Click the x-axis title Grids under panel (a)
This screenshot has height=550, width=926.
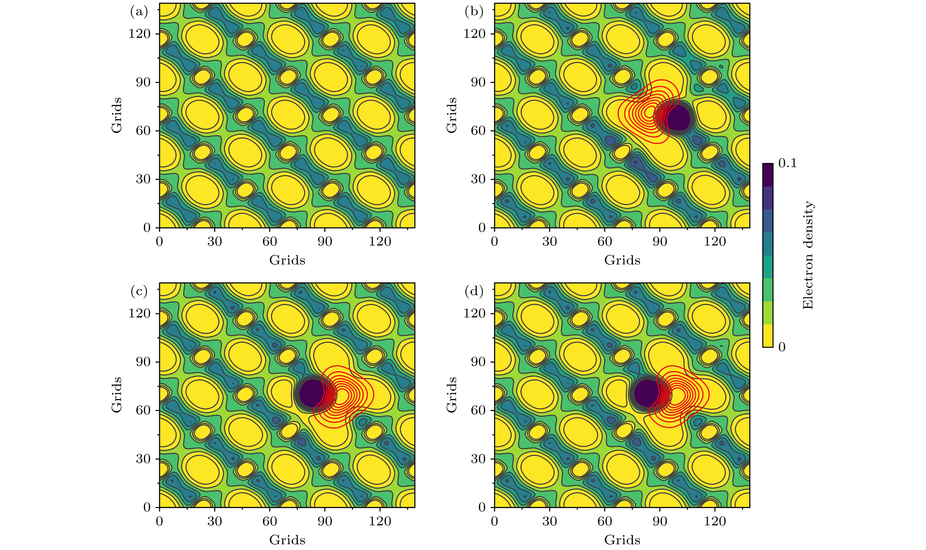287,260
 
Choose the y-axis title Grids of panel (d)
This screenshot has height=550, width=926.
451,395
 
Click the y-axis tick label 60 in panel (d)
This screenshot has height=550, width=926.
478,411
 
